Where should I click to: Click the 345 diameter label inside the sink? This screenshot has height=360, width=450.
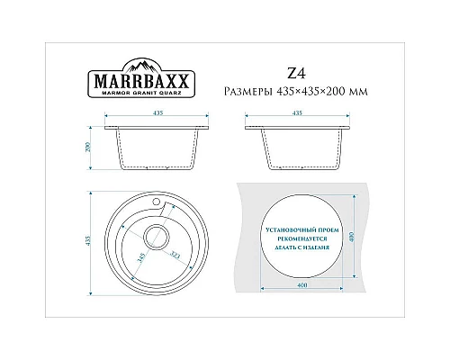[x=142, y=263]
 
